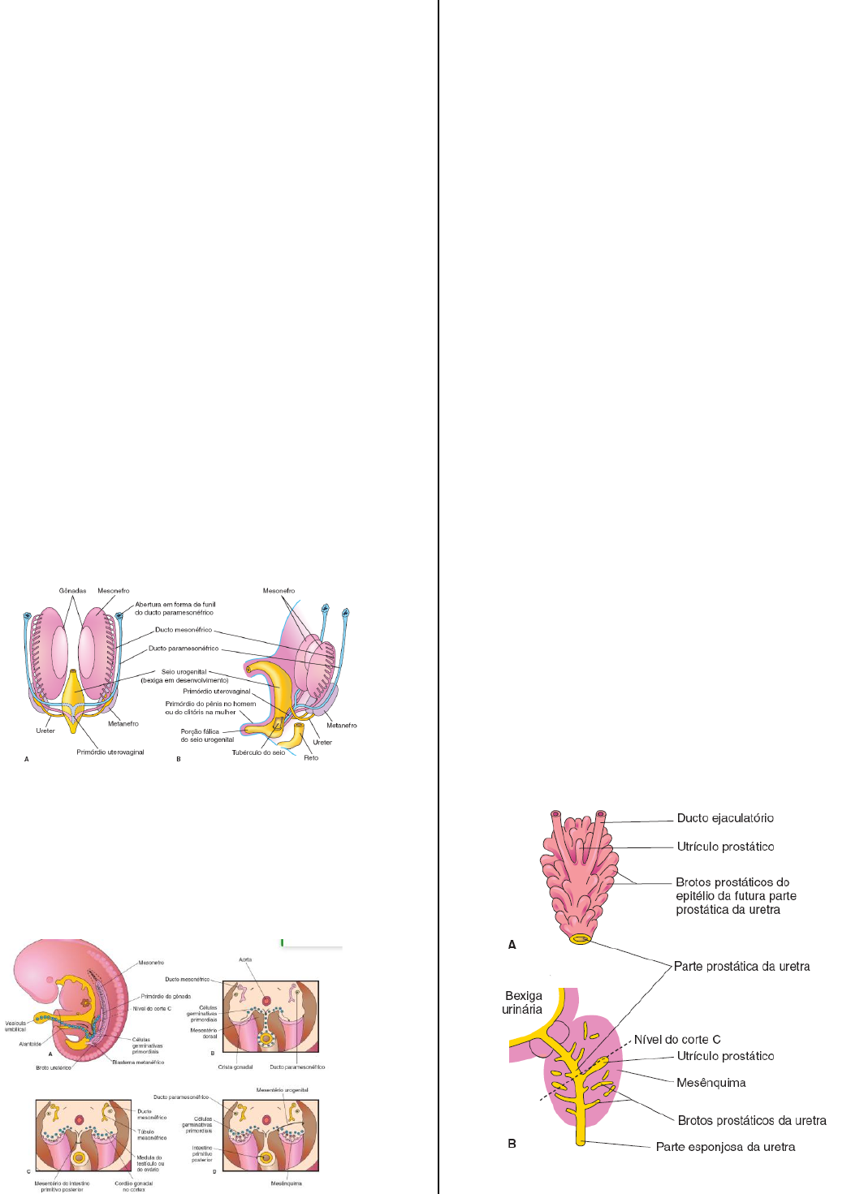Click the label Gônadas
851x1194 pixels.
72,591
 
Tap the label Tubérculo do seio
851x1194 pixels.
258,752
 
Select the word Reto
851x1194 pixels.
311,758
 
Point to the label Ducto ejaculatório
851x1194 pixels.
725,818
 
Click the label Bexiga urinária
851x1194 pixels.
523,1002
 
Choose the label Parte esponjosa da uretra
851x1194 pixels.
725,1147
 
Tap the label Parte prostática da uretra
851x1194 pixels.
741,967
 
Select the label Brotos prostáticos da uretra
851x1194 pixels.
752,1121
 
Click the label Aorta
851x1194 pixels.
245,959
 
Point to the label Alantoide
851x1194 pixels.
30,1044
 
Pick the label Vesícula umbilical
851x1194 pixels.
15,1026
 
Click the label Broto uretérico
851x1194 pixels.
54,1067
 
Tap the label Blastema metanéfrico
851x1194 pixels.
138,1062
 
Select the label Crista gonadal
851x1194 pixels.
235,1067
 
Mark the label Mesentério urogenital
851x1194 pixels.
282,1090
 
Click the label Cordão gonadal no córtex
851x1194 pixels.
133,1186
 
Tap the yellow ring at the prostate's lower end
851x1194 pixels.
580,939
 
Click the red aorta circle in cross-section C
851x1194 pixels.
80,1120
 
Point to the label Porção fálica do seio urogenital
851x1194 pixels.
207,735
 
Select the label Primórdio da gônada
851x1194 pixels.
166,996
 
